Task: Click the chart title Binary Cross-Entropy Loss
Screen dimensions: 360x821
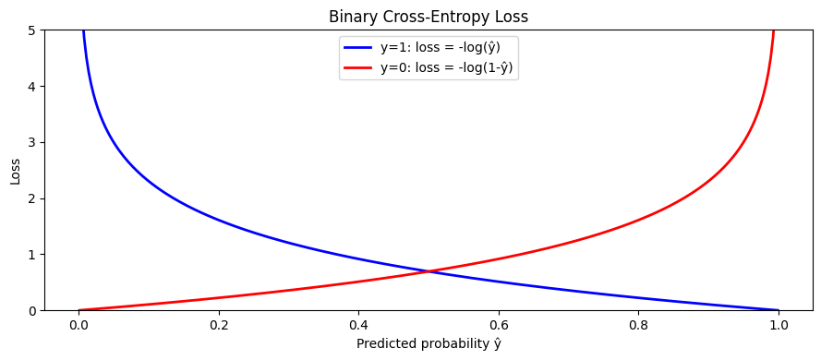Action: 429,16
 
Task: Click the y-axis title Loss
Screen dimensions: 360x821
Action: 16,170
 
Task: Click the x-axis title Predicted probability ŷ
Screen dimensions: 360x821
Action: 429,344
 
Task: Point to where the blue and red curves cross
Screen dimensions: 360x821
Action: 429,271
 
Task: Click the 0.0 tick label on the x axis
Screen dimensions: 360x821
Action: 78,325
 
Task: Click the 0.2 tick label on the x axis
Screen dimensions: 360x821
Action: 219,325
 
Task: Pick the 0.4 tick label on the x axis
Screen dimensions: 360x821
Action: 359,325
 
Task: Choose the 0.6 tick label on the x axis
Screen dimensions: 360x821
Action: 499,325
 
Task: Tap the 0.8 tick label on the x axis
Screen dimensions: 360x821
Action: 639,325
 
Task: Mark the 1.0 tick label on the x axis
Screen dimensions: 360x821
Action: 779,325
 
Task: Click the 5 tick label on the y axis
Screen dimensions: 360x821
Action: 30,30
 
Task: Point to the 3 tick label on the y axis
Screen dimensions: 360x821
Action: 30,142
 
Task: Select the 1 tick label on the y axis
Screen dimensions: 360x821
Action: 30,254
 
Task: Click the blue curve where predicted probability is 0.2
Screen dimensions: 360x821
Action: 219,221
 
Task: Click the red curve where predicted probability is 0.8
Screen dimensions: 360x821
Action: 639,221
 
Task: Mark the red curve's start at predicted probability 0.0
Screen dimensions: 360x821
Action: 79,310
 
